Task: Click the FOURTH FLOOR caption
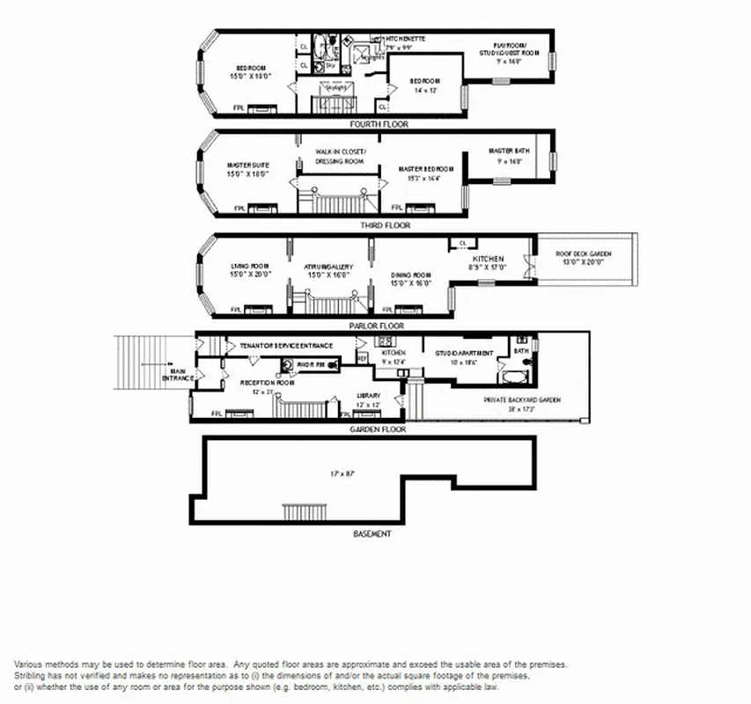point(379,125)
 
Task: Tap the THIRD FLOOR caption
point(385,225)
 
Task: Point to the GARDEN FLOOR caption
point(378,429)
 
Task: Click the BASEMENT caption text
point(372,533)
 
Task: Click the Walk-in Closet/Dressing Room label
point(340,156)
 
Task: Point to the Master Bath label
point(510,156)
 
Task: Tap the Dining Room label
point(410,280)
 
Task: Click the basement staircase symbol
point(304,513)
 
